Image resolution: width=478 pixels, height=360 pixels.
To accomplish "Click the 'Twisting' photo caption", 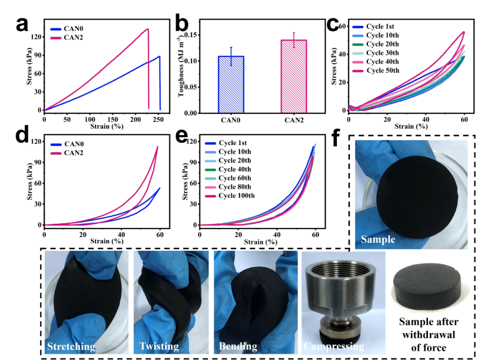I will [159, 346].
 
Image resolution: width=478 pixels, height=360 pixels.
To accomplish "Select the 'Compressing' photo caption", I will [334, 346].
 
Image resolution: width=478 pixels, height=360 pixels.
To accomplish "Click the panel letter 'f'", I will [336, 138].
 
